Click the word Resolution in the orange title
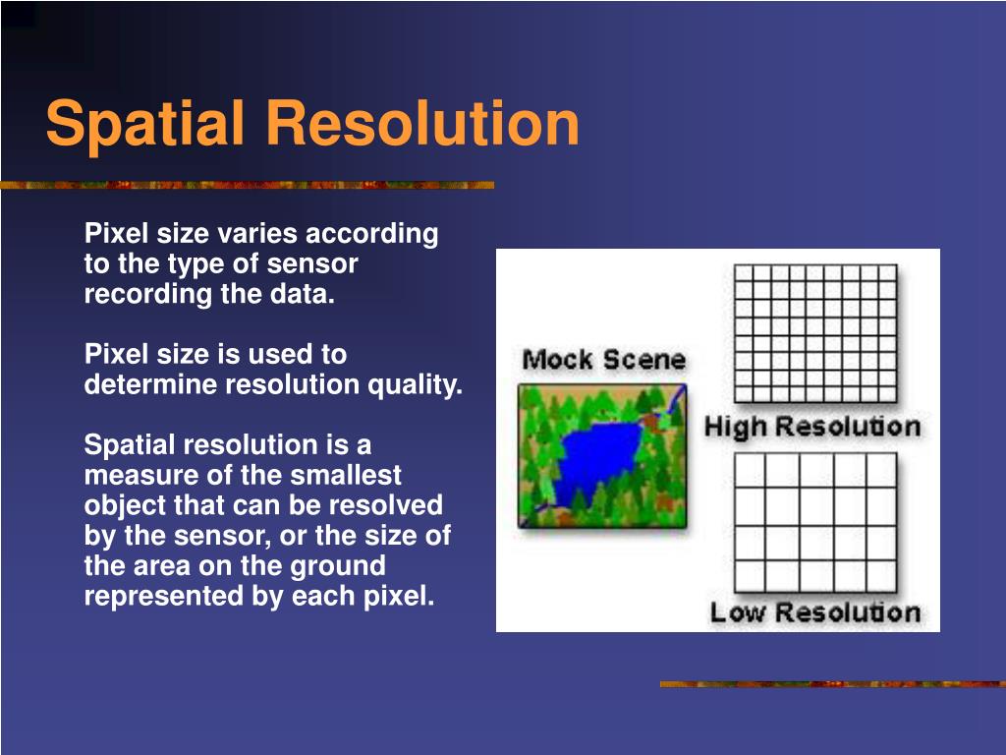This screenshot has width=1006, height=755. [x=422, y=122]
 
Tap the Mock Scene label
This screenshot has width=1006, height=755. [x=604, y=360]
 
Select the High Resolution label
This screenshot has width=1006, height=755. [x=812, y=428]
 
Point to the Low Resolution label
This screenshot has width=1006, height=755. [x=815, y=612]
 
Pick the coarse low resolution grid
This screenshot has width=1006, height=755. [x=815, y=523]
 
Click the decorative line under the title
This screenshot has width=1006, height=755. [x=247, y=185]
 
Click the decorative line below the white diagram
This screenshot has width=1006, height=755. [x=833, y=684]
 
